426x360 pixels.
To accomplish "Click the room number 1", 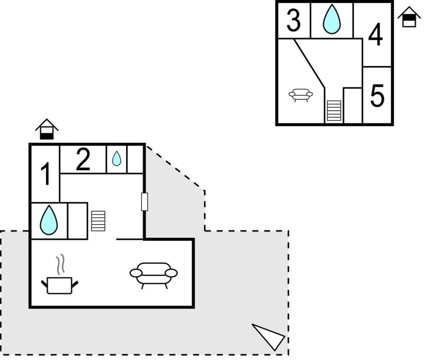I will [45, 174].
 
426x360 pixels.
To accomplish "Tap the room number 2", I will [83, 159].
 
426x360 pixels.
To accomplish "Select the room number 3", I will [293, 20].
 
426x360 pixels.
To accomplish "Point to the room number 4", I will [375, 35].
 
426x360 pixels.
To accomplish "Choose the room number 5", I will [377, 96].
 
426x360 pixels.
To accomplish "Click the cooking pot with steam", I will [60, 285].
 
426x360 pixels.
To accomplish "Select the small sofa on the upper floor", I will [301, 94].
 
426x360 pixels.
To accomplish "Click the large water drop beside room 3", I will [332, 19].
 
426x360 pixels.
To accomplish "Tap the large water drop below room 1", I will [49, 220].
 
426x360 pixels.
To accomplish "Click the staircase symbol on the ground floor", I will [98, 221].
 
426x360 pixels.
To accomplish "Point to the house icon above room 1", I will [47, 129].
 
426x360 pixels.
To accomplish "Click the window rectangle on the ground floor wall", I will [144, 202].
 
